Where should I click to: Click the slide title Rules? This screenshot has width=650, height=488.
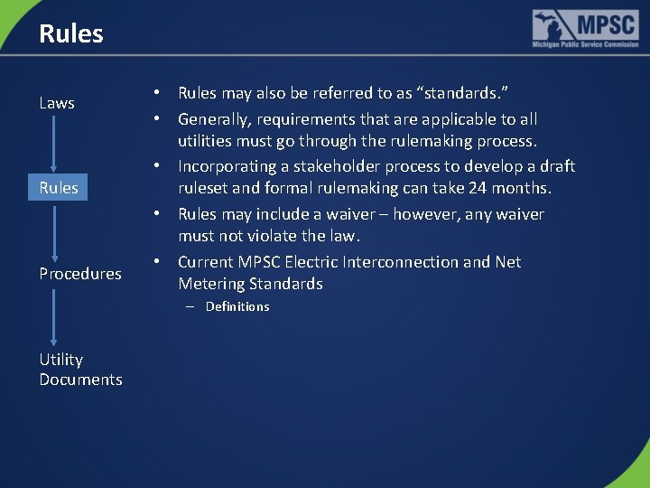click(71, 34)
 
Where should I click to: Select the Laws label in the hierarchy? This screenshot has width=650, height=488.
click(57, 103)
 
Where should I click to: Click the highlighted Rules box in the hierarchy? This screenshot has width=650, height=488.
click(59, 188)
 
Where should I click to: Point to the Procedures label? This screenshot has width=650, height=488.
click(80, 274)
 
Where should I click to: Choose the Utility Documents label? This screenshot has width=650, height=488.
click(80, 370)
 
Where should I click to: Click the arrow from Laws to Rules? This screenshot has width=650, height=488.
click(54, 145)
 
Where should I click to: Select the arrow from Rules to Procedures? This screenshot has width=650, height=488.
click(54, 230)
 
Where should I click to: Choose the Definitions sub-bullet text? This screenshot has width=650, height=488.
click(237, 306)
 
